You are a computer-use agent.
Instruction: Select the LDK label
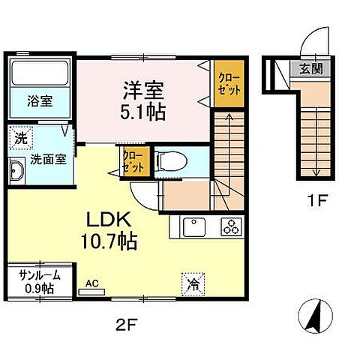coord(112,221)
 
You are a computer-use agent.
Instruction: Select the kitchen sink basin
coord(192,225)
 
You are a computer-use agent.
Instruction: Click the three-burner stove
coord(228,225)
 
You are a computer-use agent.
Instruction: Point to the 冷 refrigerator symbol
coord(192,283)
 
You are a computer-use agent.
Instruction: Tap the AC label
coord(92,283)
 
